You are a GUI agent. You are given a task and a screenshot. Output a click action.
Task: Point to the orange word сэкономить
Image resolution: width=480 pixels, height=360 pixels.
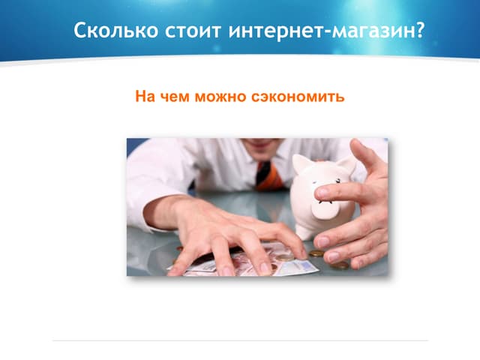click(x=304, y=97)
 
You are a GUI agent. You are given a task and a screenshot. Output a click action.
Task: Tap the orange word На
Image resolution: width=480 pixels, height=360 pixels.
click(x=144, y=97)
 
